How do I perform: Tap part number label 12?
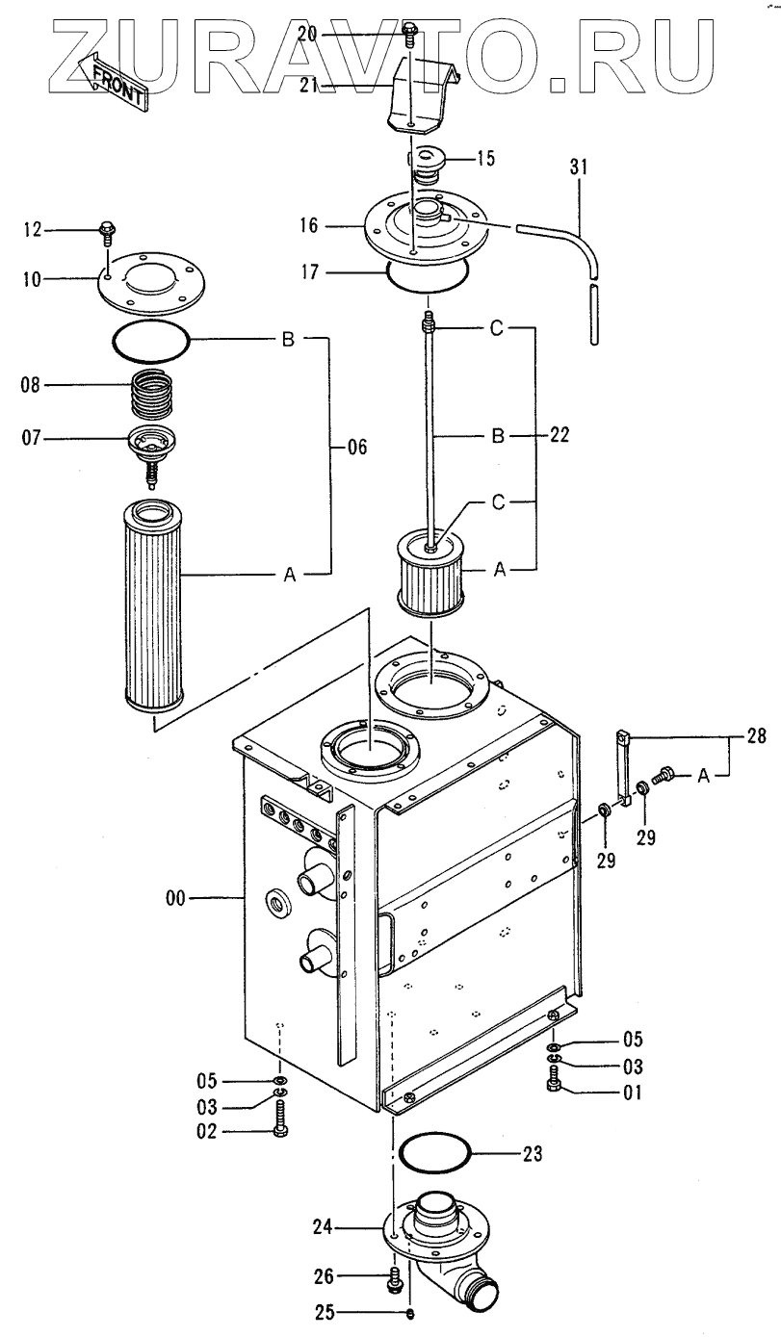(33, 229)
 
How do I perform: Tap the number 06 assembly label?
(356, 448)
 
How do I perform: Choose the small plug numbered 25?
(411, 1313)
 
